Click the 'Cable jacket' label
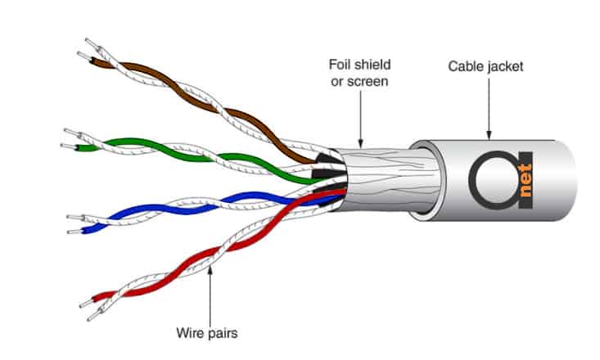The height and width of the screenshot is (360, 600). [485, 65]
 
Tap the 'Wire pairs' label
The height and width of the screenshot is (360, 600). [207, 334]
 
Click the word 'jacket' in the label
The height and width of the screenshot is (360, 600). [505, 65]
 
